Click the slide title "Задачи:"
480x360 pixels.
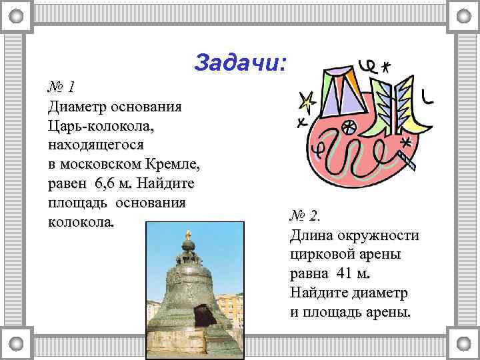click(241, 63)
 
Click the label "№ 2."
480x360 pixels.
click(305, 217)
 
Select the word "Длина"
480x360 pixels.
click(313, 235)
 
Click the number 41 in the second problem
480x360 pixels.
click(344, 273)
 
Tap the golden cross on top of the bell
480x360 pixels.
click(189, 235)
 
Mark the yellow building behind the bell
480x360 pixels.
click(229, 306)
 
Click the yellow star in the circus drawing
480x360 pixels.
click(307, 101)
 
